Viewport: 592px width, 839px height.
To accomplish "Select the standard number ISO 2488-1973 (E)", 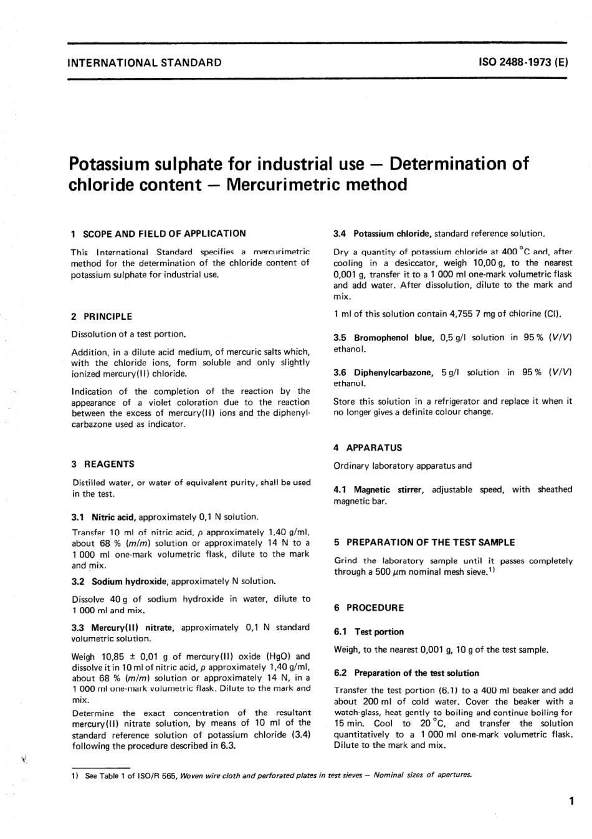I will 523,62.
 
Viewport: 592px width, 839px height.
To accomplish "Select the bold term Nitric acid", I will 113,517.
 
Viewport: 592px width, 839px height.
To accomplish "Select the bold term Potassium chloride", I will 392,234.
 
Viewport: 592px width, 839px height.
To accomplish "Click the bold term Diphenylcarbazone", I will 393,373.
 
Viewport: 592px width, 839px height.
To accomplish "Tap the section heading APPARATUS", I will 374,448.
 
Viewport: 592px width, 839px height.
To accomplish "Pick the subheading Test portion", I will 379,632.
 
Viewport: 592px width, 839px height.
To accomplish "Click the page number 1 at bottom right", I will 571,803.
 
